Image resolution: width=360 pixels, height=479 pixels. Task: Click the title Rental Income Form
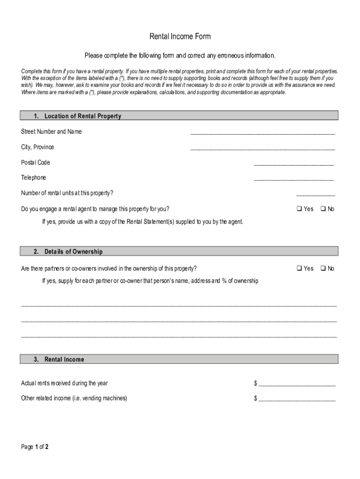(180, 36)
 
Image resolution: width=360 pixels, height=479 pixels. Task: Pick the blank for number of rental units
(316, 195)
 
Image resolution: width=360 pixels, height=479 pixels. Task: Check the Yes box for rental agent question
(299, 209)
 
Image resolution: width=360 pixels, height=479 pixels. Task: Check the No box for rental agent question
(323, 209)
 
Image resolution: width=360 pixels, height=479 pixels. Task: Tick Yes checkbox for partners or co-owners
(299, 269)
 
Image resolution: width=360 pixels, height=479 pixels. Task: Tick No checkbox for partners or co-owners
(323, 269)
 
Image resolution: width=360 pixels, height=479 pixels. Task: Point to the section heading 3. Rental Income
(59, 359)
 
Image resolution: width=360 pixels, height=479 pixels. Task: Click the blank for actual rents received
(297, 385)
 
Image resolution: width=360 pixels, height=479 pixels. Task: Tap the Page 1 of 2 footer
(35, 447)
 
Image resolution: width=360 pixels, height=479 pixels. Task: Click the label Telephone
(34, 178)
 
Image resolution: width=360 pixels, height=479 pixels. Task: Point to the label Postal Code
(36, 162)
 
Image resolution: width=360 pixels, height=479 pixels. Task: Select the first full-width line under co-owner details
(179, 305)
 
